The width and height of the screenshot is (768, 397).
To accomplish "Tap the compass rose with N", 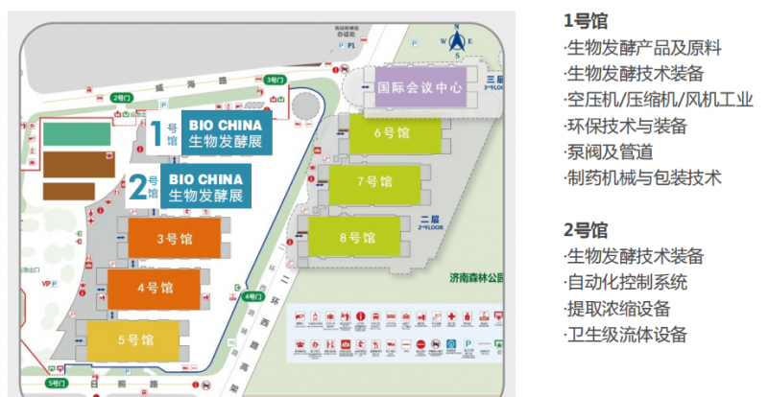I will tap(458, 40).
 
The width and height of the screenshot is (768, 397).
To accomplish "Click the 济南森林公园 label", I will tap(480, 278).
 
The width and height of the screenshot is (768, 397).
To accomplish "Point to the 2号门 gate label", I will tap(121, 97).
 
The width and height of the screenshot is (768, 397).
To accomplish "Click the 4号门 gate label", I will tap(252, 296).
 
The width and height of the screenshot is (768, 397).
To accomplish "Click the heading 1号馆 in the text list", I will tap(585, 20).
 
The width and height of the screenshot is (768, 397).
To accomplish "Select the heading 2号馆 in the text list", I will tap(586, 230).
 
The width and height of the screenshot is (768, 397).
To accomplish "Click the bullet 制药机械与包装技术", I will tap(642, 177).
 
